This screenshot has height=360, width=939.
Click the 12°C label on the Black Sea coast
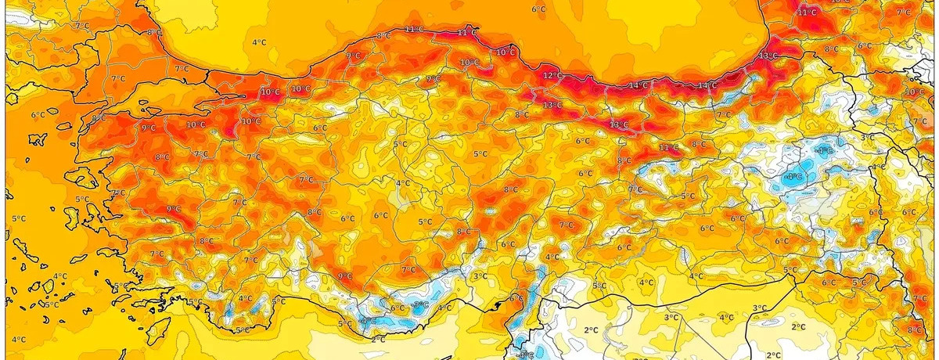[552, 75]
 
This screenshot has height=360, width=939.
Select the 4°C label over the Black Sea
[257, 42]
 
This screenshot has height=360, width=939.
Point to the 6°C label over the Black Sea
[538, 9]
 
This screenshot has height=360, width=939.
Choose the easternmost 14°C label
[707, 85]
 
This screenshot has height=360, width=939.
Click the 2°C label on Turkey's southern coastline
[379, 339]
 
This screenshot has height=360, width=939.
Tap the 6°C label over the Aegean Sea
[38, 115]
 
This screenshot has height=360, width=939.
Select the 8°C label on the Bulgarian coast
[154, 33]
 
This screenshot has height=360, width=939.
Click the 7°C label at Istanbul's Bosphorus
[182, 69]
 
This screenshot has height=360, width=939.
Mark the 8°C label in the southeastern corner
[914, 329]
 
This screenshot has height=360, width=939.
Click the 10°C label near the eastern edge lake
[915, 92]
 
